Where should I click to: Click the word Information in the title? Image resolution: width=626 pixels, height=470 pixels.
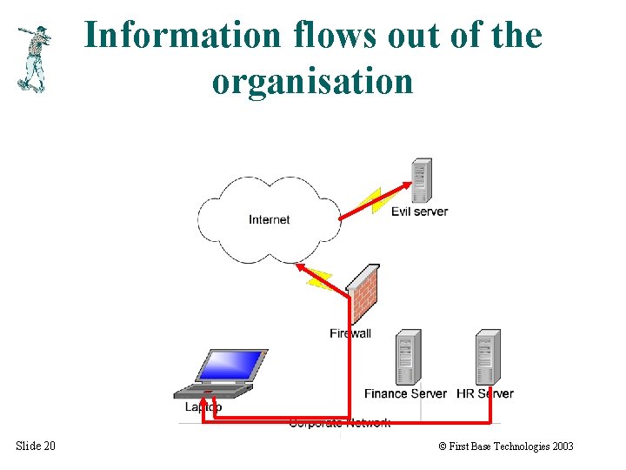[183, 36]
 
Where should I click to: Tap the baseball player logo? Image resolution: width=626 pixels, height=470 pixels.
[33, 58]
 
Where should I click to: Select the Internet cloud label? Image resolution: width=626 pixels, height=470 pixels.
[269, 219]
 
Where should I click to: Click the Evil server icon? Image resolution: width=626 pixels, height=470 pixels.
[422, 180]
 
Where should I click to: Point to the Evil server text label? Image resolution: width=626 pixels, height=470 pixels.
[419, 211]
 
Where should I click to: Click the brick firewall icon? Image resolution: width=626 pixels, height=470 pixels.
[363, 293]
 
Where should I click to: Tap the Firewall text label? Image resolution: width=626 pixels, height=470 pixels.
[350, 333]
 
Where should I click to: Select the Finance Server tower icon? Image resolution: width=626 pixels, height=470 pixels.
[407, 357]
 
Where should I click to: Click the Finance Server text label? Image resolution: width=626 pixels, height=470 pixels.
[405, 393]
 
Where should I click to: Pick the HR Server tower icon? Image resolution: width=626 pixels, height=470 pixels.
[488, 357]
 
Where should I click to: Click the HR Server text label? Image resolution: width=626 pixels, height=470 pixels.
[485, 393]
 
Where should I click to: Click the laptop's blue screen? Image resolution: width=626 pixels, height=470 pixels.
[230, 366]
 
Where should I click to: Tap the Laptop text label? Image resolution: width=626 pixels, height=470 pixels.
[203, 406]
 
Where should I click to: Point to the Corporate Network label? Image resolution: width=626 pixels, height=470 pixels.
[339, 424]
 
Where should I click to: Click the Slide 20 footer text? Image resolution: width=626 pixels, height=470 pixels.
[36, 446]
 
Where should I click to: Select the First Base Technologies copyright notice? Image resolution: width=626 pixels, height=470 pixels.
[506, 446]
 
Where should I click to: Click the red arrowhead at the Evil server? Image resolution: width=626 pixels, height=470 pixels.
[407, 185]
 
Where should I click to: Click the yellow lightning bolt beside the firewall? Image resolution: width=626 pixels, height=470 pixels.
[318, 279]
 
